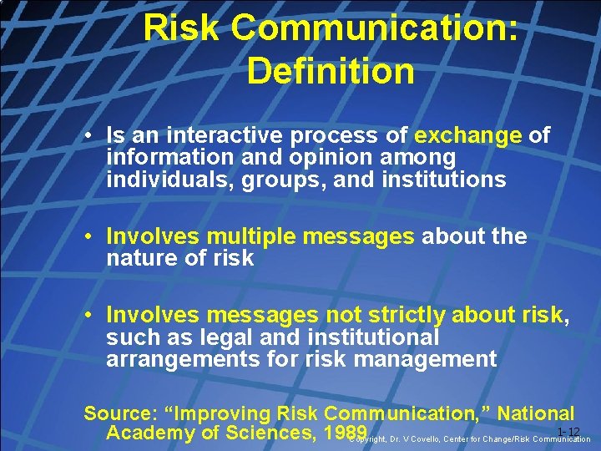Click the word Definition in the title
point(331,71)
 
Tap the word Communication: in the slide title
point(376,28)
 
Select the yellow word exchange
point(467,135)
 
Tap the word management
point(427,359)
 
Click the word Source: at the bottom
point(118,413)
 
